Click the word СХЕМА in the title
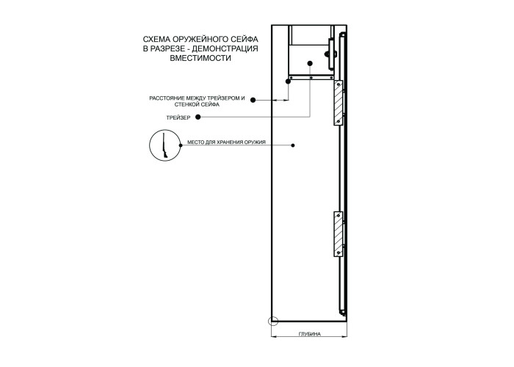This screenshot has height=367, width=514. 153,40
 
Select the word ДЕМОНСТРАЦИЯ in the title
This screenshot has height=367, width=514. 225,49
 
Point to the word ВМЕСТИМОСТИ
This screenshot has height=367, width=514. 200,58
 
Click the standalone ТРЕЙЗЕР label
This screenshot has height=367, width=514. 178,117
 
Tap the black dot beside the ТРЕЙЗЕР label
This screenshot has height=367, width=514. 198,117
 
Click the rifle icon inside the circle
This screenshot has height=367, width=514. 164,145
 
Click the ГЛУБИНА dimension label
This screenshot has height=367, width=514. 309,334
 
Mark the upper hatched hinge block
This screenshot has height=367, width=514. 339,103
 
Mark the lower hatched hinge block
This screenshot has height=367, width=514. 339,234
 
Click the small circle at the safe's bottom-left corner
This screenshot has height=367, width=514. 273,321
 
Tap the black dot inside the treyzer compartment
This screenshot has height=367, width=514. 310,63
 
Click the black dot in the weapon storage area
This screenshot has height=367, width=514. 293,145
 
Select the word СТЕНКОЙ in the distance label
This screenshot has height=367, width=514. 185,104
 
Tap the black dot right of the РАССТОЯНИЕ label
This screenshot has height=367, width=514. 253,100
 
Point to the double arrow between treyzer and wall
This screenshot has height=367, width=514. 280,101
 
